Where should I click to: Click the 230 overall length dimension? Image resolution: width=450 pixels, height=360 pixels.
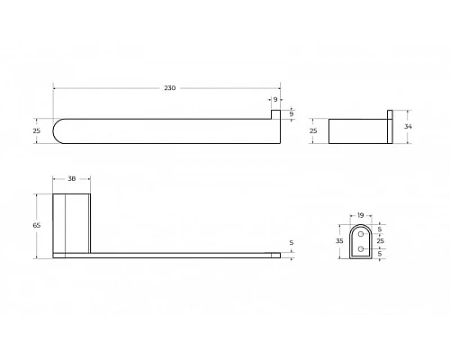169,87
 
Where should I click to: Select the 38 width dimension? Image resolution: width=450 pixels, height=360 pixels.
70,178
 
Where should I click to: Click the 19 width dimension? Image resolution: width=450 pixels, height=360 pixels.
360,215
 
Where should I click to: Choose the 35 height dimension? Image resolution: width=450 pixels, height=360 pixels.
339,242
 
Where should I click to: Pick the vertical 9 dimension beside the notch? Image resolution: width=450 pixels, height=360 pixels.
291,114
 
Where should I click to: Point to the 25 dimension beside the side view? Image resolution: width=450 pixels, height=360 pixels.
314,131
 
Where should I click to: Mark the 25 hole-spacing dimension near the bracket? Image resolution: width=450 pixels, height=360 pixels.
380,242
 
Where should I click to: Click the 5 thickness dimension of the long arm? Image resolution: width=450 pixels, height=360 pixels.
291,242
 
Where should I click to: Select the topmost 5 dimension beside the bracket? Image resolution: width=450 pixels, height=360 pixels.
380,228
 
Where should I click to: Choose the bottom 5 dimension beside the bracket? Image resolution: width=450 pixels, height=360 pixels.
380,255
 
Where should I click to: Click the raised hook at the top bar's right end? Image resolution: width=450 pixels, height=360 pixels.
276,115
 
